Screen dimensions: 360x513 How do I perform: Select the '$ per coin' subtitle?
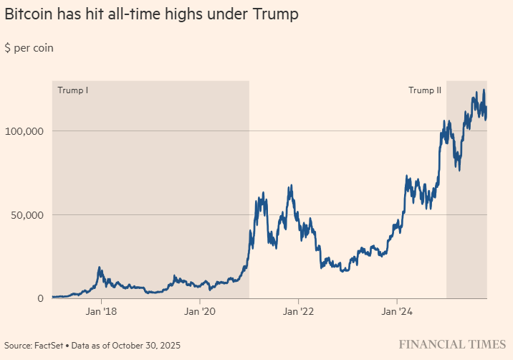(x=29, y=48)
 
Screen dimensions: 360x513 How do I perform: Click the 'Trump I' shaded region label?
(x=72, y=90)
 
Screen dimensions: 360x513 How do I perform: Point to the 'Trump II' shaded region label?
(x=425, y=90)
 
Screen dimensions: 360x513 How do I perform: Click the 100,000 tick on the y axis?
(x=25, y=131)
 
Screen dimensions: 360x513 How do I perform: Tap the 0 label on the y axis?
(x=42, y=298)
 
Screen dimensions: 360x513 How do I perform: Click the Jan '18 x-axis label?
(x=101, y=312)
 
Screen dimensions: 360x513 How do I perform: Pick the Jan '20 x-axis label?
(x=200, y=312)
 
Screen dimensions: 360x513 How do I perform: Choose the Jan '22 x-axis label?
(x=299, y=312)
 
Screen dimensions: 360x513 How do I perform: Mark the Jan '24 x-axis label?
(x=398, y=312)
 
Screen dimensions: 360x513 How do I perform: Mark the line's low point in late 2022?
(x=345, y=271)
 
